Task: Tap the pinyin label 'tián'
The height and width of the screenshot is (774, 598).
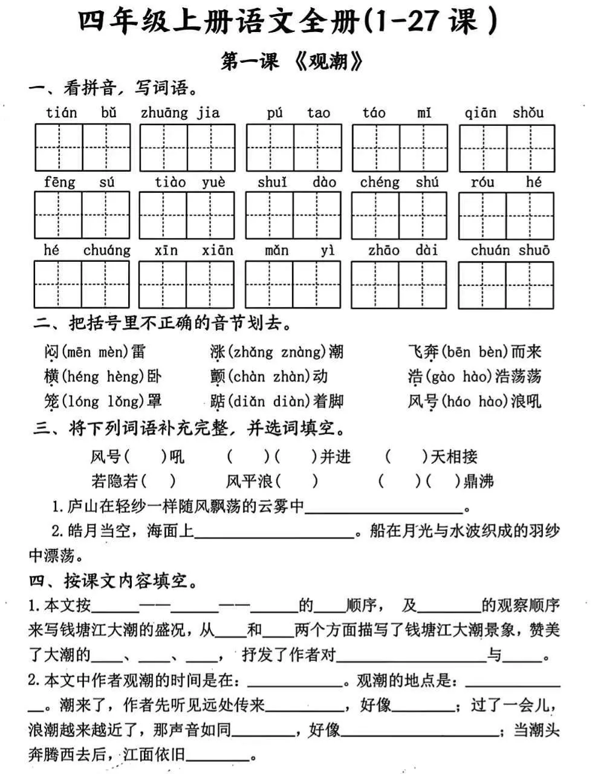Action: (61, 112)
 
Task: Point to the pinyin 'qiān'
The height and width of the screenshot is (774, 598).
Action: (480, 112)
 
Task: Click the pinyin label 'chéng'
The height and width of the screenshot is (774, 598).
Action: (380, 182)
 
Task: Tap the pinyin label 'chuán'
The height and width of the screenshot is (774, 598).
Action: (490, 250)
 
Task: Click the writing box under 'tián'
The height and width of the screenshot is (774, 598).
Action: (59, 148)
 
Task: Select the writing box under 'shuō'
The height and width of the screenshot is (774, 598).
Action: (530, 285)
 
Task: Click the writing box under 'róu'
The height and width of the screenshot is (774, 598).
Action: (483, 216)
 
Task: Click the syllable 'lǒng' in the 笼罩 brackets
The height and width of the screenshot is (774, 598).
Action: (127, 401)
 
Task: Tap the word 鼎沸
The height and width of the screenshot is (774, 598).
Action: (478, 481)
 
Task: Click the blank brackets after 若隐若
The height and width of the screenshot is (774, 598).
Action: (157, 481)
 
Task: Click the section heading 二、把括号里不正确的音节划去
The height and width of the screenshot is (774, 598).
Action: (162, 324)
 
